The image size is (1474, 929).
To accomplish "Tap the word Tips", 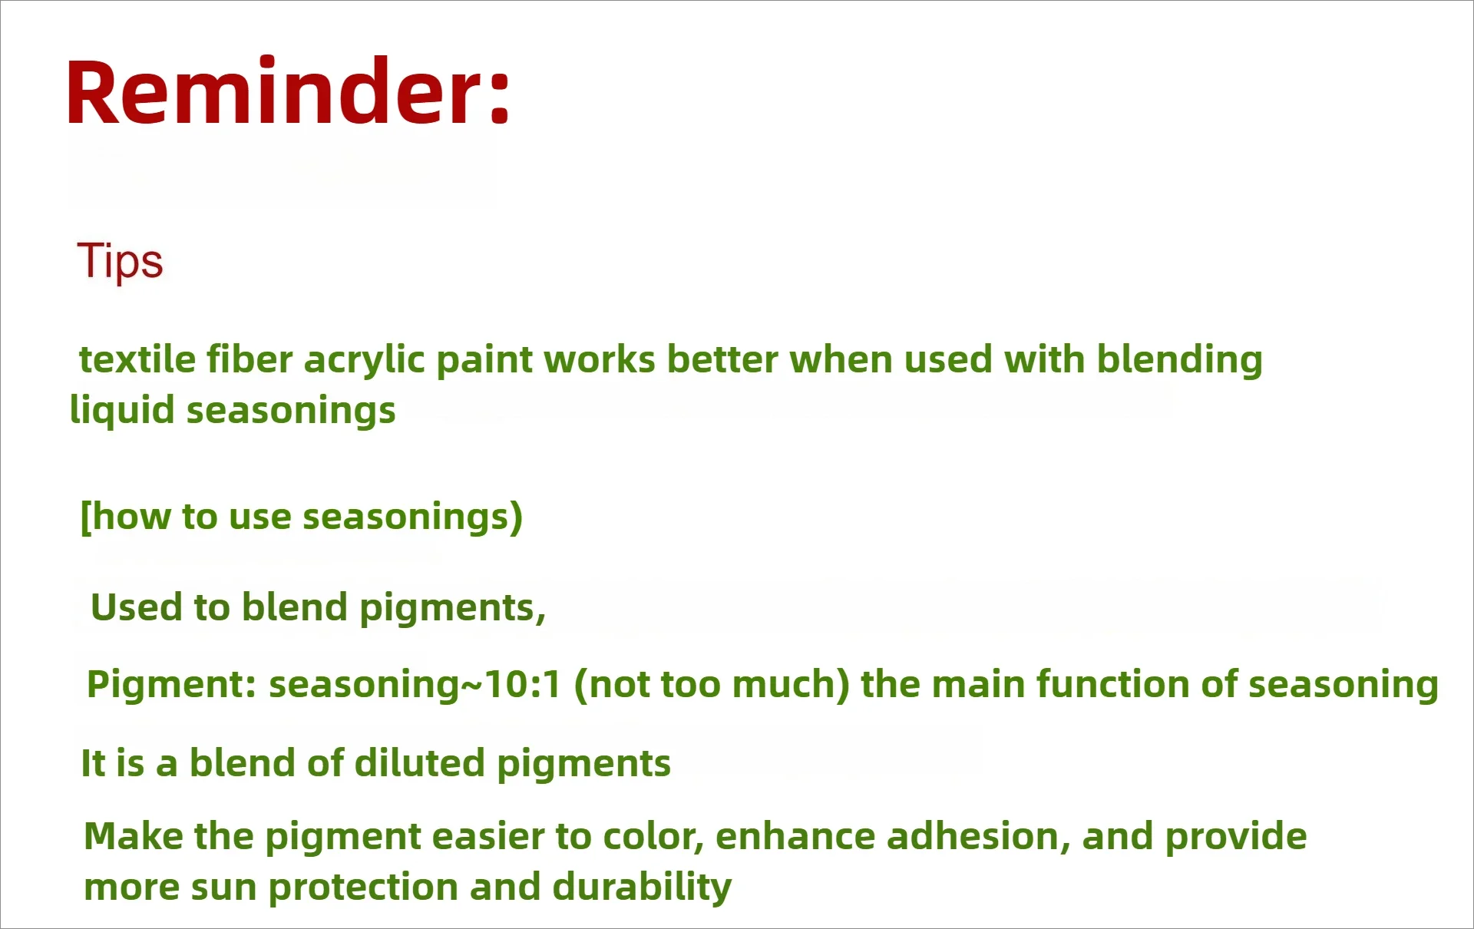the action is click(x=120, y=261).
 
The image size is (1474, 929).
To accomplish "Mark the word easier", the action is click(x=487, y=836).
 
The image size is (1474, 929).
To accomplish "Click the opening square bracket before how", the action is click(x=86, y=517).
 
